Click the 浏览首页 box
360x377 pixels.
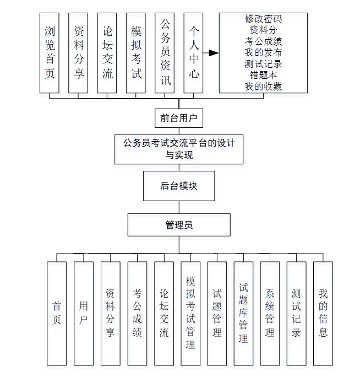point(50,53)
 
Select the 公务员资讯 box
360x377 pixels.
point(165,53)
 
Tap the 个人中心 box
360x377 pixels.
point(193,53)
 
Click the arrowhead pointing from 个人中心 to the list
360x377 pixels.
point(213,53)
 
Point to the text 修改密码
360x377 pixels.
point(263,19)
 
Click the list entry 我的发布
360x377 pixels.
point(263,52)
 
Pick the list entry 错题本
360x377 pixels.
point(263,75)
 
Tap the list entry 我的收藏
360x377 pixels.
point(263,86)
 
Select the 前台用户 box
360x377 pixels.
point(179,118)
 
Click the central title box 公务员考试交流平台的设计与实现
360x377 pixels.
point(179,149)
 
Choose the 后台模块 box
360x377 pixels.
point(179,186)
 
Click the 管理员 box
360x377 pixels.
point(179,225)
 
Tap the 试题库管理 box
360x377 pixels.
point(243,313)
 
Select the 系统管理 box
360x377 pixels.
point(270,313)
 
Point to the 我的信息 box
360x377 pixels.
point(323,313)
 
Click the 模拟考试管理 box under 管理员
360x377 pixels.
point(190,313)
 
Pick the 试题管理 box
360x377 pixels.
point(217,313)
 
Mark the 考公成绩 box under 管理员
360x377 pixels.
point(137,313)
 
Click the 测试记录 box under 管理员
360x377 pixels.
point(296,313)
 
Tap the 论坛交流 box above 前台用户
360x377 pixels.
point(107,53)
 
